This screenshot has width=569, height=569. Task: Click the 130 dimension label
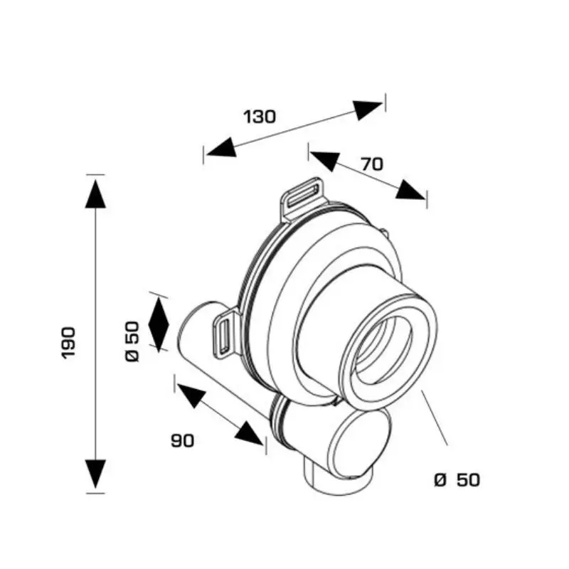pyautogui.click(x=260, y=117)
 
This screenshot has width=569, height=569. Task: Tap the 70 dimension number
pyautogui.click(x=372, y=164)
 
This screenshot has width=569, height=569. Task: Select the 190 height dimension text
pyautogui.click(x=68, y=343)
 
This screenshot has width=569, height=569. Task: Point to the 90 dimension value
pyautogui.click(x=183, y=440)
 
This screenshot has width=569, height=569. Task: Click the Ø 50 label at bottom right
pyautogui.click(x=457, y=479)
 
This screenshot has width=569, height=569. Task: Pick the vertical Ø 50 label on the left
pyautogui.click(x=132, y=341)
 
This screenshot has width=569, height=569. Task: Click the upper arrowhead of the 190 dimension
pyautogui.click(x=95, y=193)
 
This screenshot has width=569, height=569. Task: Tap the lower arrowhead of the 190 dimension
pyautogui.click(x=95, y=474)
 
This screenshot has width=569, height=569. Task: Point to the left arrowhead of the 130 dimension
pyautogui.click(x=221, y=148)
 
